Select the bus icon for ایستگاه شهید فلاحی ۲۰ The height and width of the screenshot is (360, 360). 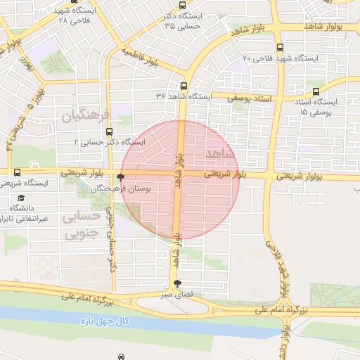pyautogui.click(x=281, y=47)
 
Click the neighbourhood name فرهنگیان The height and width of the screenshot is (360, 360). pyautogui.click(x=87, y=114)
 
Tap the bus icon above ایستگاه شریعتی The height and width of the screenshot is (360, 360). pyautogui.click(x=17, y=172)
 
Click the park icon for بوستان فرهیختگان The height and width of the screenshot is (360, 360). pyautogui.click(x=122, y=177)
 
